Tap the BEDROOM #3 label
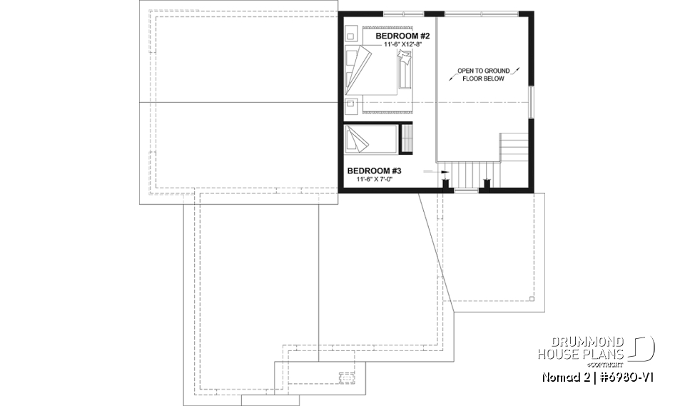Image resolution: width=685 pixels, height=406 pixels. tap(375, 171)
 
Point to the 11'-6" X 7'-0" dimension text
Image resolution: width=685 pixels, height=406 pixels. tap(375, 179)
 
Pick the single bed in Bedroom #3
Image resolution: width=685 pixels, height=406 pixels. tap(372, 138)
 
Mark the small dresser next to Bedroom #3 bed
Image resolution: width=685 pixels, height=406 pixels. tap(408, 138)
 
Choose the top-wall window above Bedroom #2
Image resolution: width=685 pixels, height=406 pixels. tap(402, 13)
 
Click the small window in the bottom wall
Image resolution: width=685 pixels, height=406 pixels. tap(467, 191)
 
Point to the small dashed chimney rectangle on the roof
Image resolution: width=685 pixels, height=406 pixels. tap(345, 377)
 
